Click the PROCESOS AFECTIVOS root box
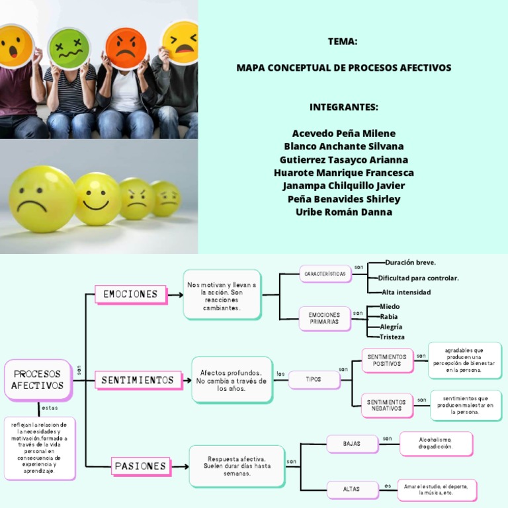click(x=38, y=380)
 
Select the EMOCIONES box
click(x=130, y=294)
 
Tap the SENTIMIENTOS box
click(x=138, y=380)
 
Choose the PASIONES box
click(x=140, y=466)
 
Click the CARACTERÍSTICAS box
click(x=324, y=273)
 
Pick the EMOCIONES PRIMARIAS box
click(x=324, y=318)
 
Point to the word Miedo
click(x=390, y=307)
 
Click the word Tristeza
click(x=392, y=337)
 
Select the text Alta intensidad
click(x=405, y=292)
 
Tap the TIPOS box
click(x=314, y=379)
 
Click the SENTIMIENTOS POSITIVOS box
click(x=387, y=360)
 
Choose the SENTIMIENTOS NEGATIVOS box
click(x=387, y=405)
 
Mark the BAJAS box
click(x=352, y=444)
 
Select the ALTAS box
click(x=352, y=489)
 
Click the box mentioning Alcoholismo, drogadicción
click(x=436, y=443)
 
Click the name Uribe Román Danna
click(x=343, y=212)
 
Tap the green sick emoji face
click(x=69, y=48)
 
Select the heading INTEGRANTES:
click(x=343, y=107)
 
